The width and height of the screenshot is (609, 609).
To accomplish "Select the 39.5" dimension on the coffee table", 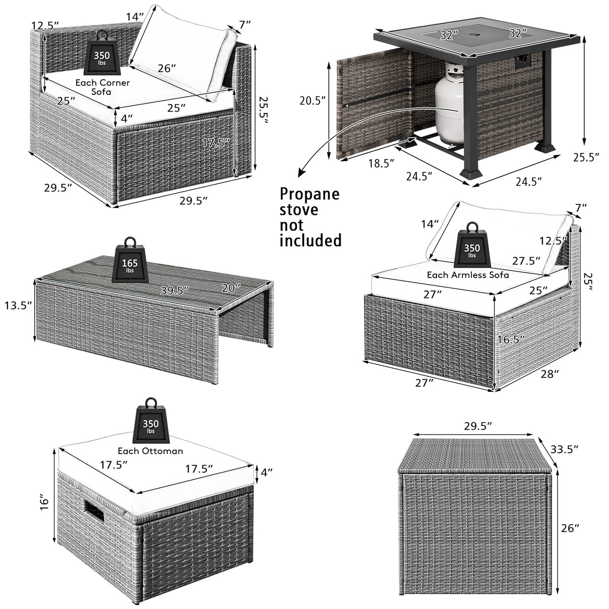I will click(x=174, y=291).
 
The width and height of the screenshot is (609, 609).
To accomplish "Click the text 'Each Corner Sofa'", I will click(x=102, y=87).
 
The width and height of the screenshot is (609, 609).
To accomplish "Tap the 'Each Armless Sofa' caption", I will click(x=468, y=275).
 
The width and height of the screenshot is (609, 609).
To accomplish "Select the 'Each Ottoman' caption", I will click(x=150, y=451).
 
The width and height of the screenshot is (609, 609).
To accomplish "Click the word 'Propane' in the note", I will click(x=310, y=194).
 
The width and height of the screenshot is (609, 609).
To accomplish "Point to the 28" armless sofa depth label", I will click(x=550, y=374).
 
